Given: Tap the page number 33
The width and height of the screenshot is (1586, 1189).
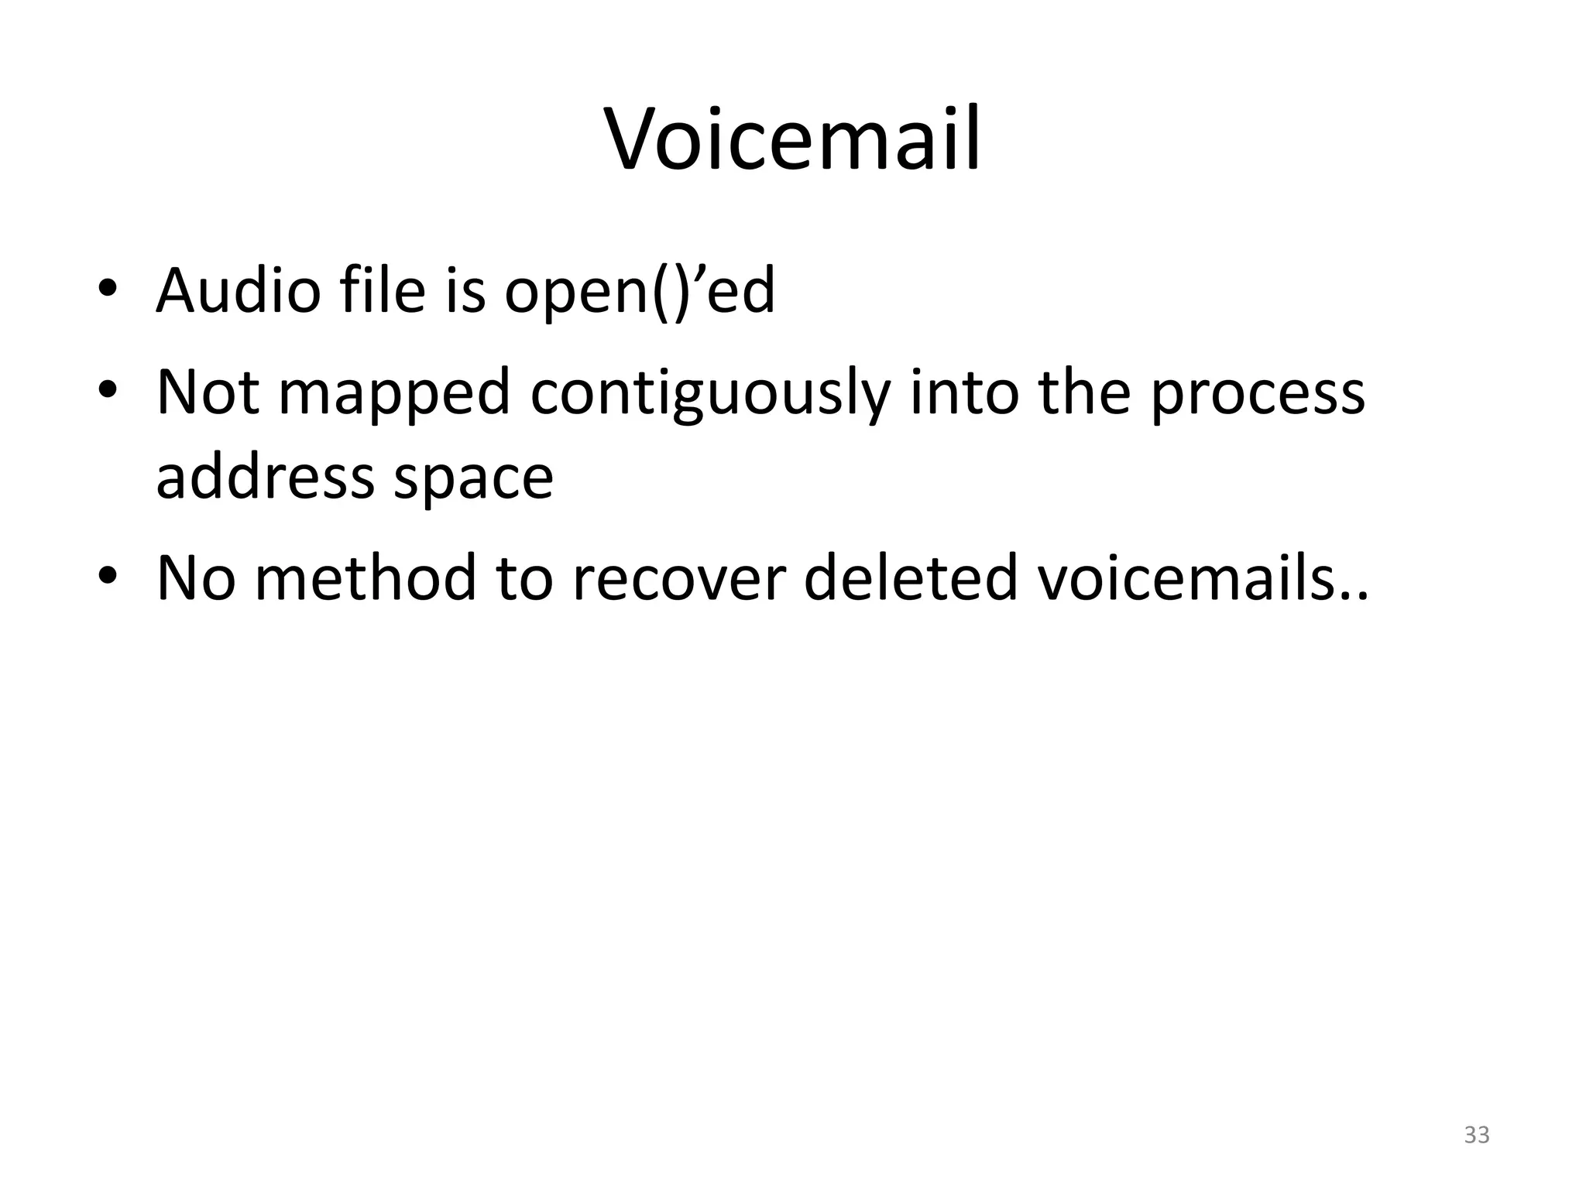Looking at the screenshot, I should [1477, 1135].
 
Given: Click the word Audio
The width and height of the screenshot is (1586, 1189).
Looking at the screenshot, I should [238, 291].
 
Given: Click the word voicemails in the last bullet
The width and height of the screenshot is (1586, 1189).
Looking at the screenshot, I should [1194, 577].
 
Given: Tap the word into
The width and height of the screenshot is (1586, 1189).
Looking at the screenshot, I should [963, 393].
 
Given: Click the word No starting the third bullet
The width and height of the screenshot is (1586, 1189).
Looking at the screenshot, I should [195, 577].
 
